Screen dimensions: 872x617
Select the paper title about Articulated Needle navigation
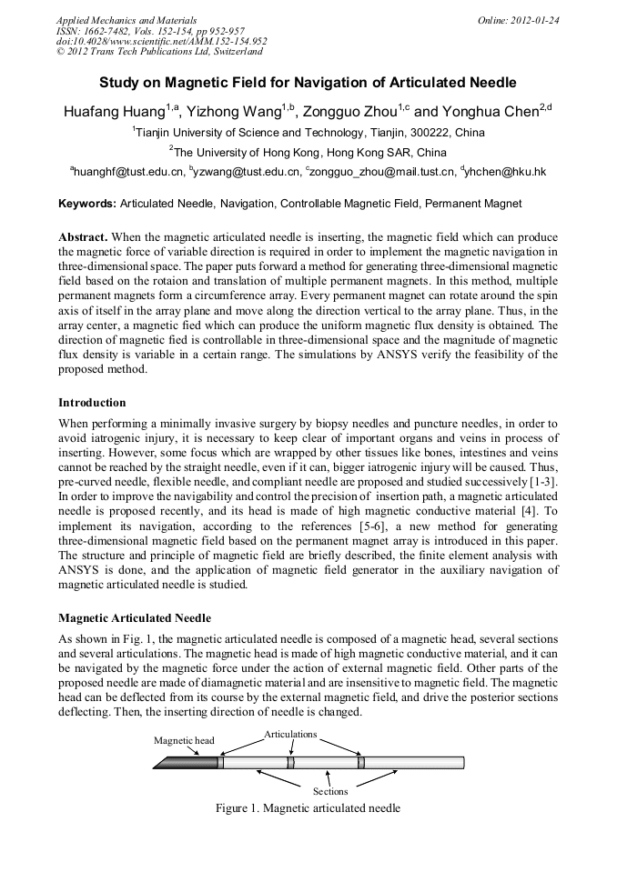pos(308,82)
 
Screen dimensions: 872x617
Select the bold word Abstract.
pos(83,236)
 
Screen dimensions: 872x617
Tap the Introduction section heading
pos(92,402)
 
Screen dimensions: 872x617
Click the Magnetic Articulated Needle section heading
pos(134,618)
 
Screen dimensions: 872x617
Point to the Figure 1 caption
pos(308,808)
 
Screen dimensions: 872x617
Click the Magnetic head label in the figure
pos(184,740)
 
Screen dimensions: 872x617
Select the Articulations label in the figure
pos(290,733)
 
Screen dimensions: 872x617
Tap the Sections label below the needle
pos(330,791)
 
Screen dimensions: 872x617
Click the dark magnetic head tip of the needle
pos(186,762)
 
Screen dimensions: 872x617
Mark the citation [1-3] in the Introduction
pos(543,479)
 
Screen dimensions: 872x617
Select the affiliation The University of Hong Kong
pos(308,152)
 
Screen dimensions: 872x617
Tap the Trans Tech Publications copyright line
pos(159,52)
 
